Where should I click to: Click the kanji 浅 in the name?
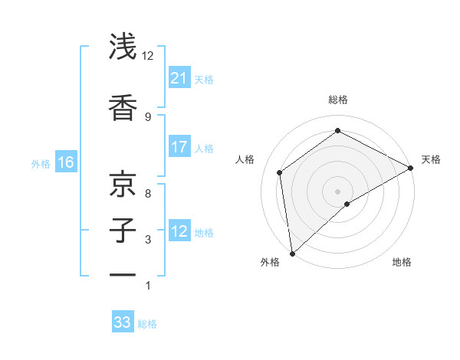123,47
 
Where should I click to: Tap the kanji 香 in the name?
123,108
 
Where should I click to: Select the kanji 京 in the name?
123,184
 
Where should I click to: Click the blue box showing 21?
179,78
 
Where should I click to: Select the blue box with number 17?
179,148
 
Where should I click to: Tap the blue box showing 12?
179,232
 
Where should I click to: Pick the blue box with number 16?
66,162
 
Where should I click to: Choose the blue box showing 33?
123,322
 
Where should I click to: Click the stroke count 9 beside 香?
148,116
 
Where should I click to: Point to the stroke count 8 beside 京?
148,194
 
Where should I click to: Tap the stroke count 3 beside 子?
148,241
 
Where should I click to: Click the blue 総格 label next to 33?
147,324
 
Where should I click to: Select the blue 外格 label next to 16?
41,163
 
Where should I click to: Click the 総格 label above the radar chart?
338,100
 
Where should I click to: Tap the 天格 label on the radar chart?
431,159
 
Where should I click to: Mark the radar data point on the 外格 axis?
292,253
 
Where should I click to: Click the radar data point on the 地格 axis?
347,204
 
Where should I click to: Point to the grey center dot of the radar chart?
338,191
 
